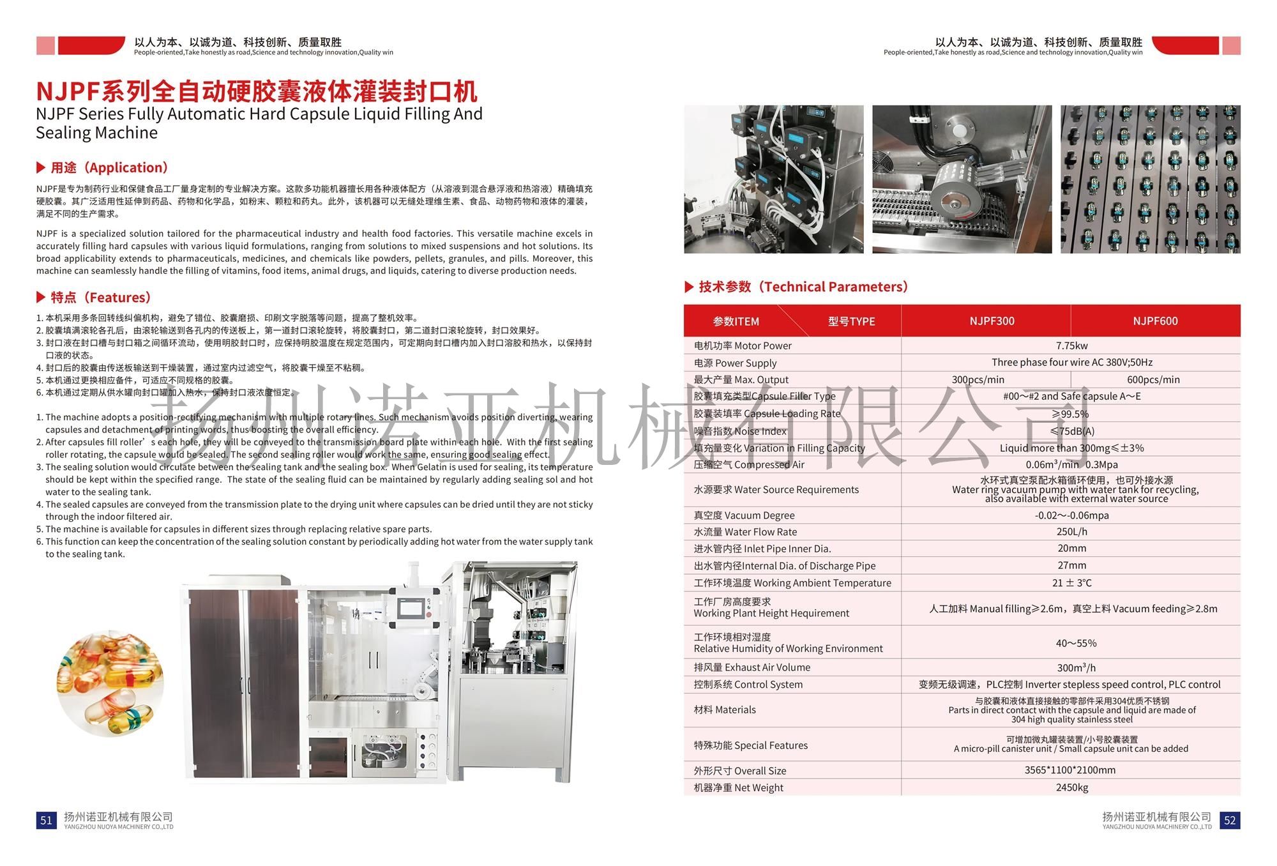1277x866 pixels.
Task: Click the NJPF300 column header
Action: [991, 321]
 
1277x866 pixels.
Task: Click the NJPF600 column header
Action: [1154, 321]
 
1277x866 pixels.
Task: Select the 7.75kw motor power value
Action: [1071, 346]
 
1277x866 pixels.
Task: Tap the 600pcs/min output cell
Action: [1153, 379]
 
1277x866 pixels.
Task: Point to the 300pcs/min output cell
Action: [978, 379]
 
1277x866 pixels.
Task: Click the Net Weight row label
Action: [738, 787]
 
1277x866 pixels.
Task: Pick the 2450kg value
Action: [1071, 787]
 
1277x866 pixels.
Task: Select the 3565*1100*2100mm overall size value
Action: [1070, 770]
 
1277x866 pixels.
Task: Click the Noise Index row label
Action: [740, 431]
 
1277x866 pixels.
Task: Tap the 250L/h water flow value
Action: [1071, 531]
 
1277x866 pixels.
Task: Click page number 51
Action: [47, 820]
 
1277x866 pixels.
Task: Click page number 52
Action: [1230, 820]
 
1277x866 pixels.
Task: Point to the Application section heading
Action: [109, 168]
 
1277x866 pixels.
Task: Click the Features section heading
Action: [100, 298]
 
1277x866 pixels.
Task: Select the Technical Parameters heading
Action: [803, 287]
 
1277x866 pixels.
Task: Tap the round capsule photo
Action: [110, 683]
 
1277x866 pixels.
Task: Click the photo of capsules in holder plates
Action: [1150, 179]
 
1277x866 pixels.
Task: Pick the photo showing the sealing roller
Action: [962, 179]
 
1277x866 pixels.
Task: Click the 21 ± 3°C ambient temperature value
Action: [1071, 582]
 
